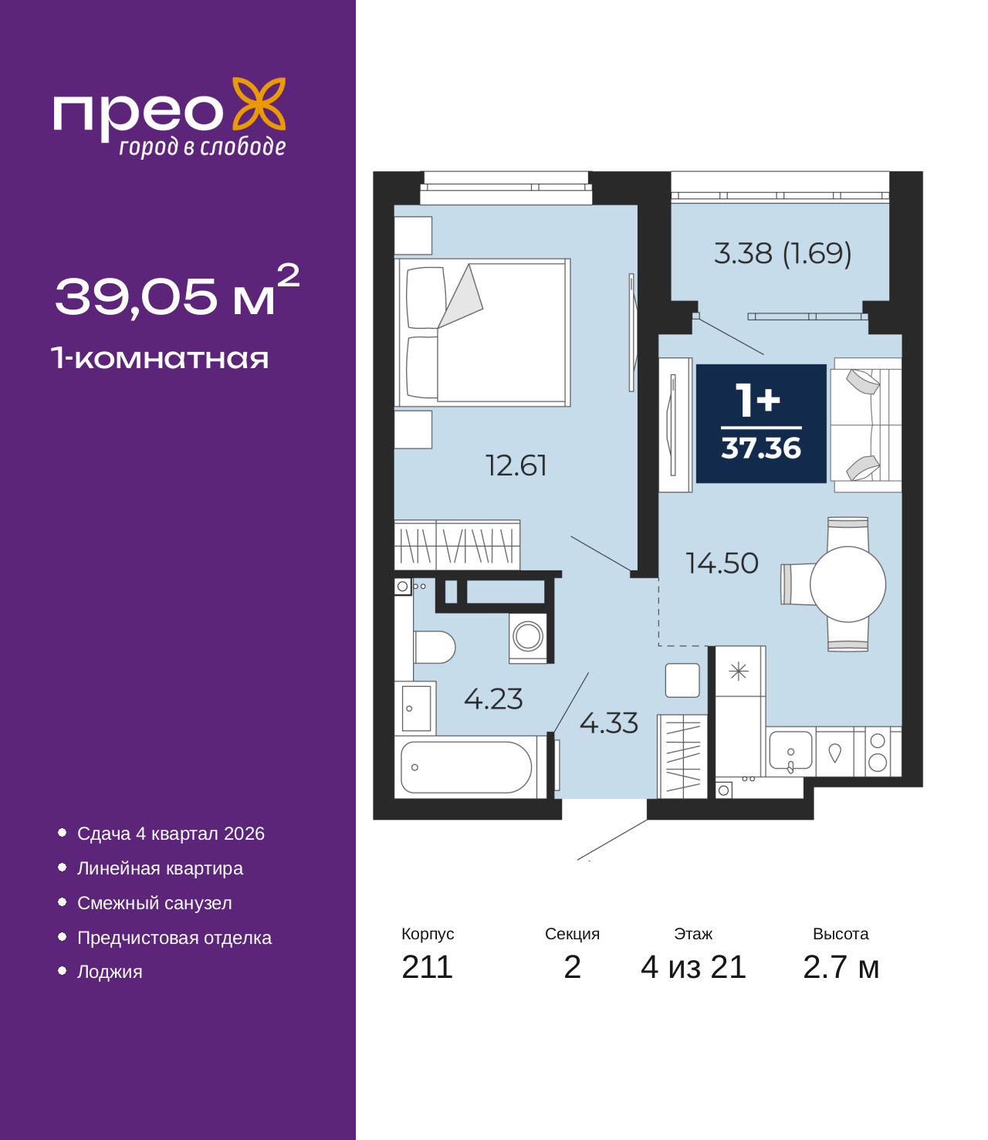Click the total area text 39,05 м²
click(176, 294)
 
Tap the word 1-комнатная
click(160, 358)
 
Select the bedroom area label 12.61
click(516, 465)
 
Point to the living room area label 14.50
click(722, 563)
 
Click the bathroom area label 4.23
click(493, 699)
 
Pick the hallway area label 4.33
click(608, 723)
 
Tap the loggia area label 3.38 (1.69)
click(782, 253)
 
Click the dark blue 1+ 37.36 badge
click(761, 424)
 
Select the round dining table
click(848, 584)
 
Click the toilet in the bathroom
click(434, 647)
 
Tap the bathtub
click(467, 767)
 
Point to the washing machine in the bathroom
click(528, 637)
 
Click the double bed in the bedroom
click(484, 333)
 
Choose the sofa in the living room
click(867, 425)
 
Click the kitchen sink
click(790, 751)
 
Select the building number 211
click(427, 966)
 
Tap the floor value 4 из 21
click(693, 966)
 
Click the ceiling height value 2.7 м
click(841, 966)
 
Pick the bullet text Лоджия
click(110, 972)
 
